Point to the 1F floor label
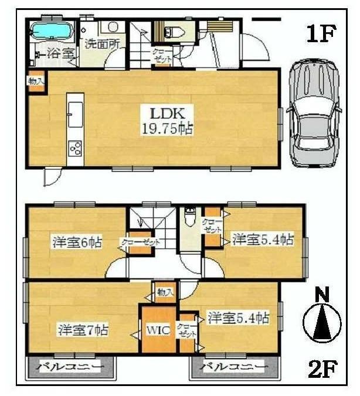tap(320, 33)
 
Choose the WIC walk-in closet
tap(158, 330)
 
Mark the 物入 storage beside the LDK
tap(35, 81)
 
